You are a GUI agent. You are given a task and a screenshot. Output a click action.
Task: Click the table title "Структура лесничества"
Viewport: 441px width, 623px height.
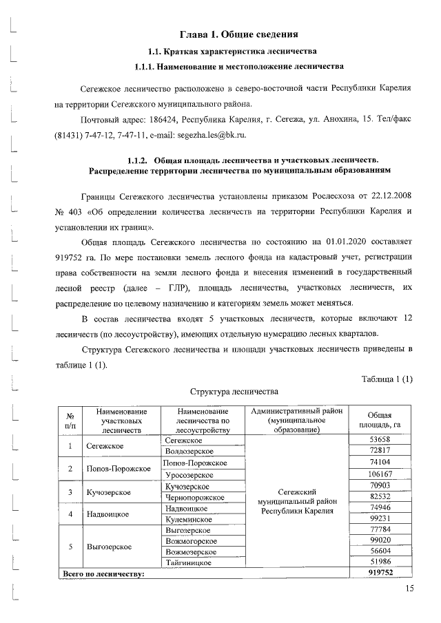[234, 392]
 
